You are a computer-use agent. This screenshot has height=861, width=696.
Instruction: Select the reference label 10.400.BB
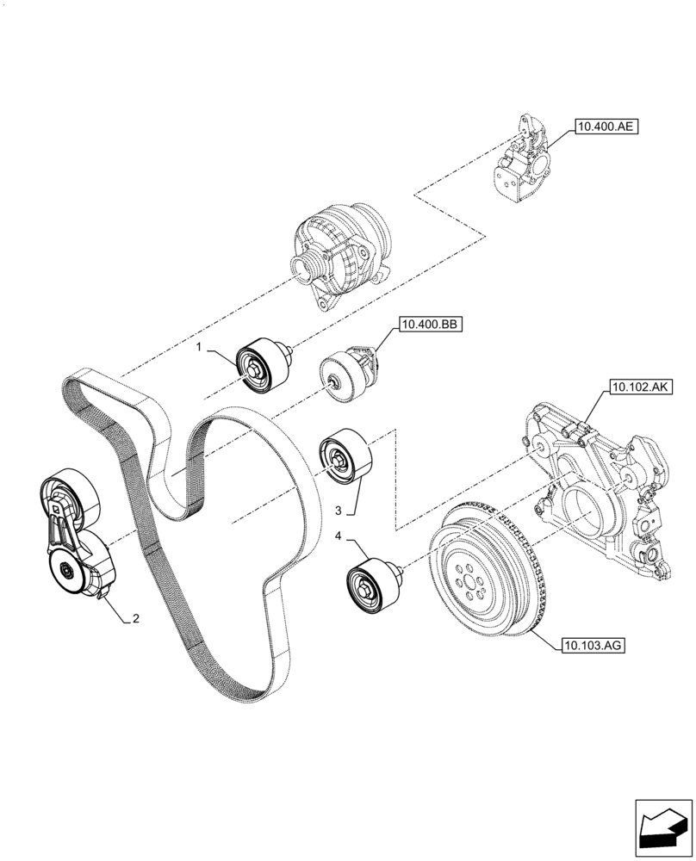pos(429,325)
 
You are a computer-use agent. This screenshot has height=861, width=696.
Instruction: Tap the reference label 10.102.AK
pos(642,388)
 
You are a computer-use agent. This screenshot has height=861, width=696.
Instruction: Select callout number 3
pos(339,510)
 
